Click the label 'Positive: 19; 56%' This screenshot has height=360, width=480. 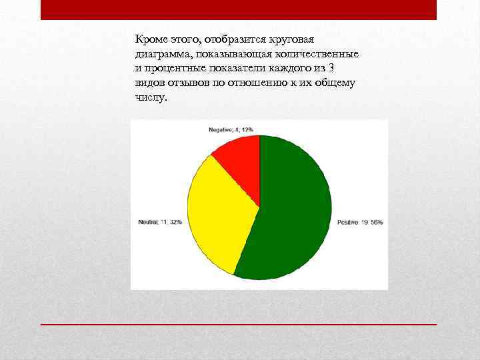pos(360,222)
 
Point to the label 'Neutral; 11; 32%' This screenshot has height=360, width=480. pos(160,222)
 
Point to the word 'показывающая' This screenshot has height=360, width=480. pos(235,54)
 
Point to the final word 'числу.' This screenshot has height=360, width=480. pos(151,97)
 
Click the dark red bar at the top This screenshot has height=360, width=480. pos(239,9)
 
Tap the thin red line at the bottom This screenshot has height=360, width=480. pos(239,324)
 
